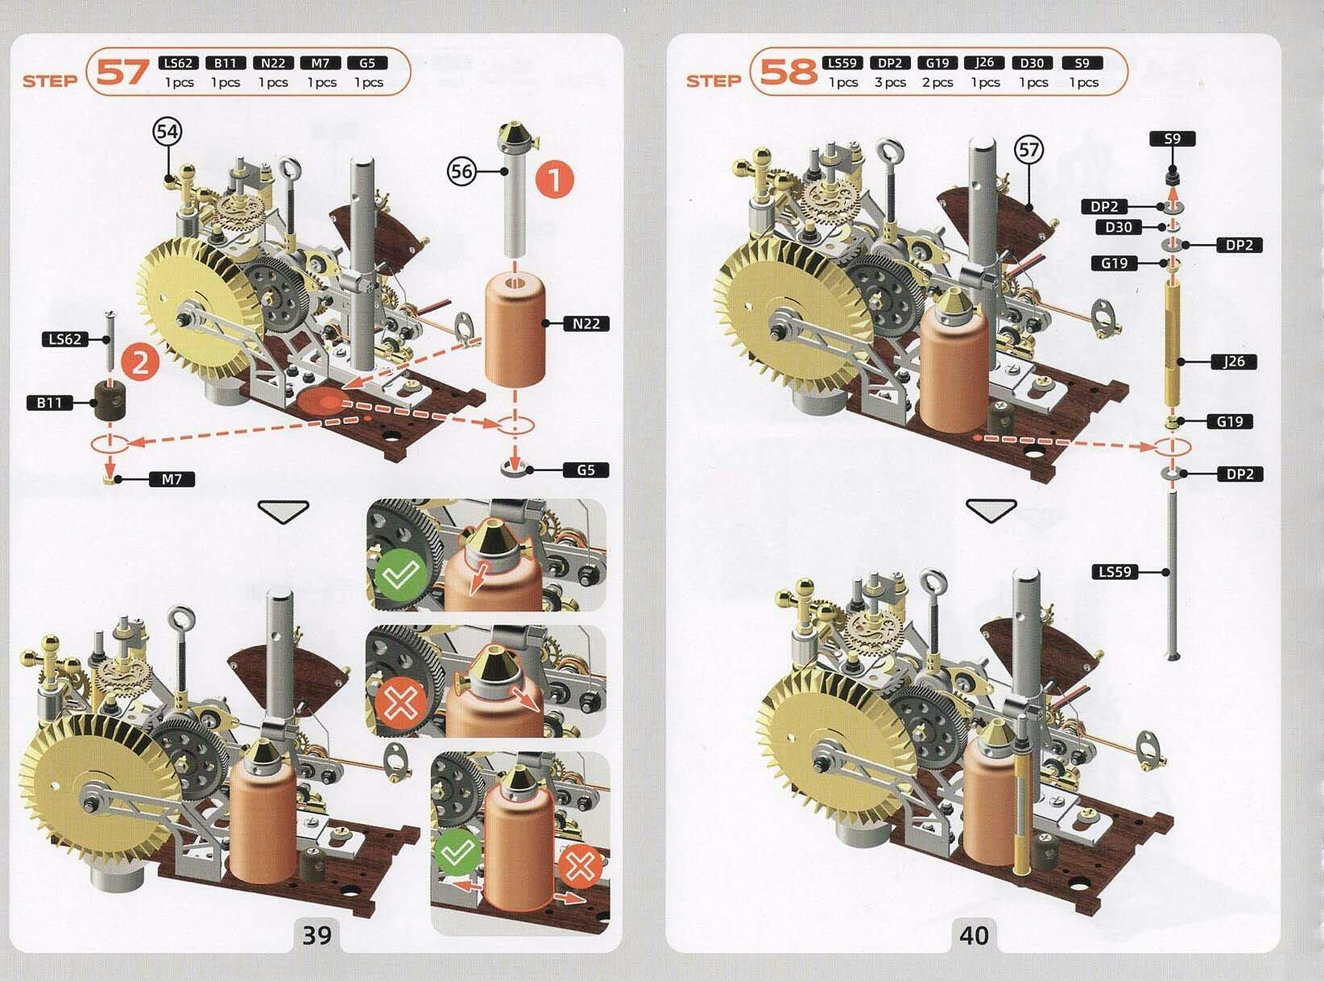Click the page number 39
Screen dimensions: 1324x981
317,935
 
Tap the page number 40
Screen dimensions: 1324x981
974,935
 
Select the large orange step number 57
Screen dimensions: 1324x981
122,72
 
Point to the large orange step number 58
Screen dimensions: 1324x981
788,72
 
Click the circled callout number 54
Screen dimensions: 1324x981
168,131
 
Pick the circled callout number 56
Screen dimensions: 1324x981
461,172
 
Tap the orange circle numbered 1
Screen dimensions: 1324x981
555,180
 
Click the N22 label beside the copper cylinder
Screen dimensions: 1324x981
586,324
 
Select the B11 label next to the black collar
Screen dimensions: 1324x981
50,403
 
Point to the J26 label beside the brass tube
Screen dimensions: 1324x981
1233,362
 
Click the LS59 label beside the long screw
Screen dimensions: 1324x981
1115,572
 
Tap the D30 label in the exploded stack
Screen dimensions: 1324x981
1119,227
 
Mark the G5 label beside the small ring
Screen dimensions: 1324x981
586,470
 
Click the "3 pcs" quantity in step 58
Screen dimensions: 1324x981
890,83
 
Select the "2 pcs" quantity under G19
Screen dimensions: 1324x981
937,83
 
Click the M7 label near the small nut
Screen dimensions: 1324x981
172,479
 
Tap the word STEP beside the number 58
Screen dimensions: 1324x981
714,81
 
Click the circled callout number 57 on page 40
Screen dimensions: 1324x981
1029,150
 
